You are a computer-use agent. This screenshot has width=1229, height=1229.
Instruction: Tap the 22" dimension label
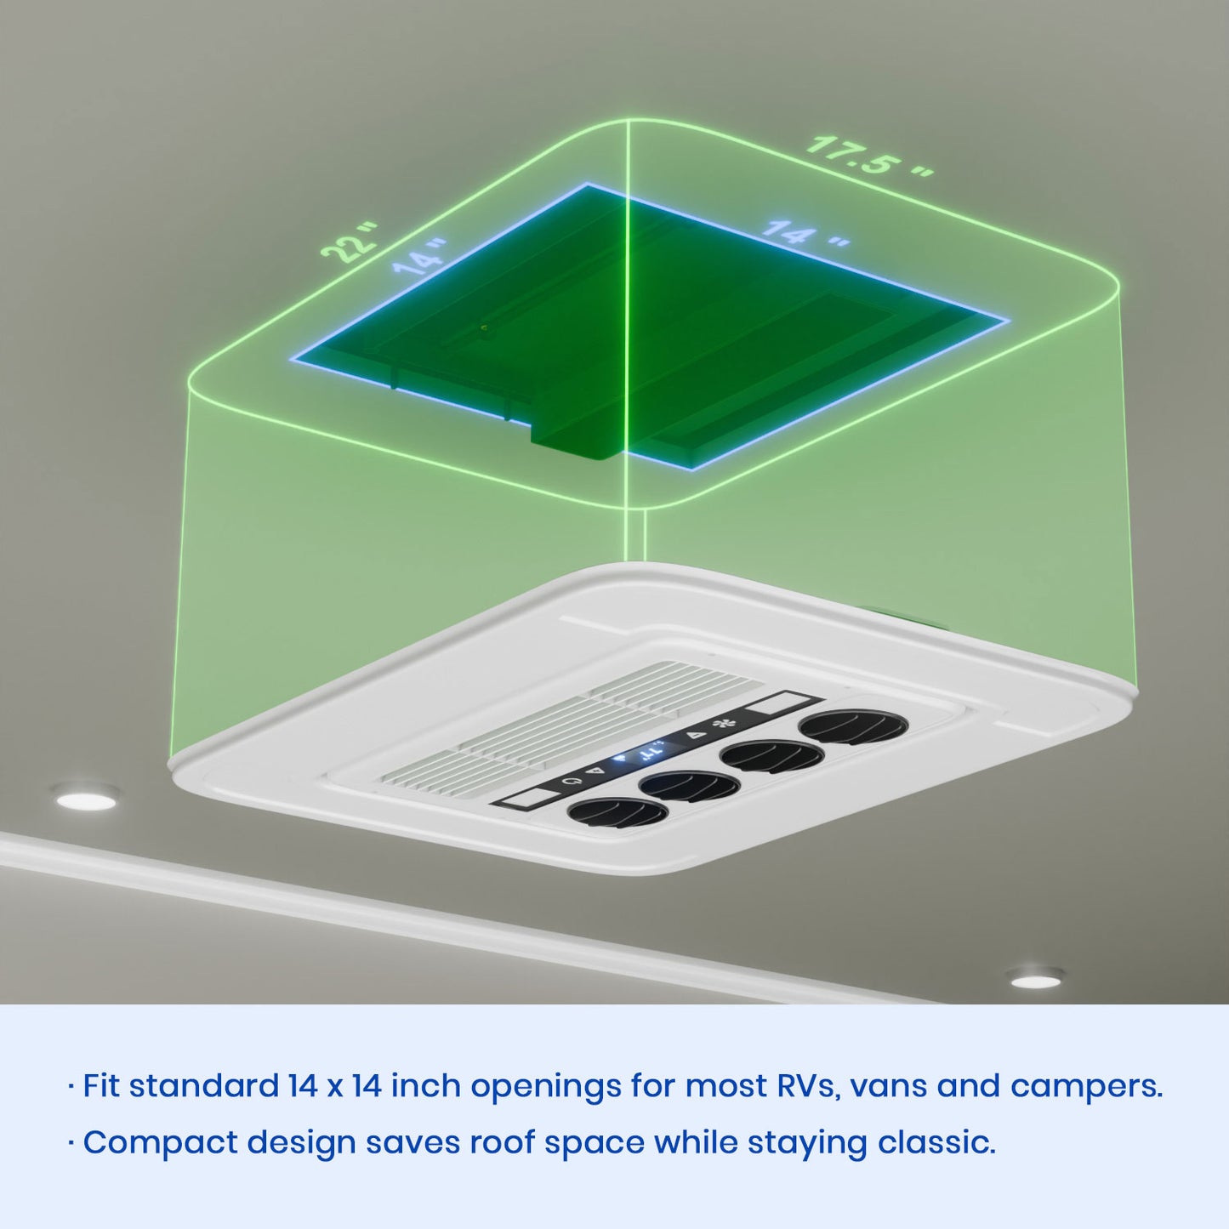coord(350,243)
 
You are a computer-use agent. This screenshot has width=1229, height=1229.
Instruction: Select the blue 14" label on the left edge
coord(419,257)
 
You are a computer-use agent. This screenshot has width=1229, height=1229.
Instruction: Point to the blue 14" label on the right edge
coord(805,233)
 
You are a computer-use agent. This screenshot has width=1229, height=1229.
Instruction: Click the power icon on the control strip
coord(568,782)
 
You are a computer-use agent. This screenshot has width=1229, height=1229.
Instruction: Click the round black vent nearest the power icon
coord(617,813)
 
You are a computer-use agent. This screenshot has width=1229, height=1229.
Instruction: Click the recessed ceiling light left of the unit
coord(87,799)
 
